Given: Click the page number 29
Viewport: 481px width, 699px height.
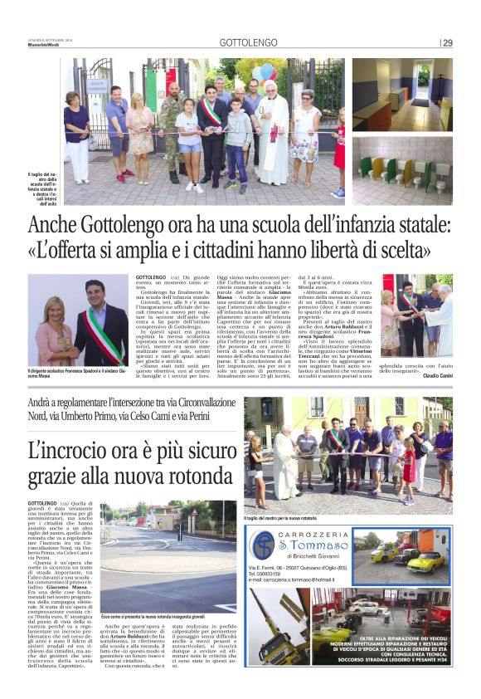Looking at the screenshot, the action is point(447,43).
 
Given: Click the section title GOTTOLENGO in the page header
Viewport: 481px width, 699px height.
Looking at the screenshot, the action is point(245,43).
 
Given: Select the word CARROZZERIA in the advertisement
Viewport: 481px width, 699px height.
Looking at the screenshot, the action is point(307,535).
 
